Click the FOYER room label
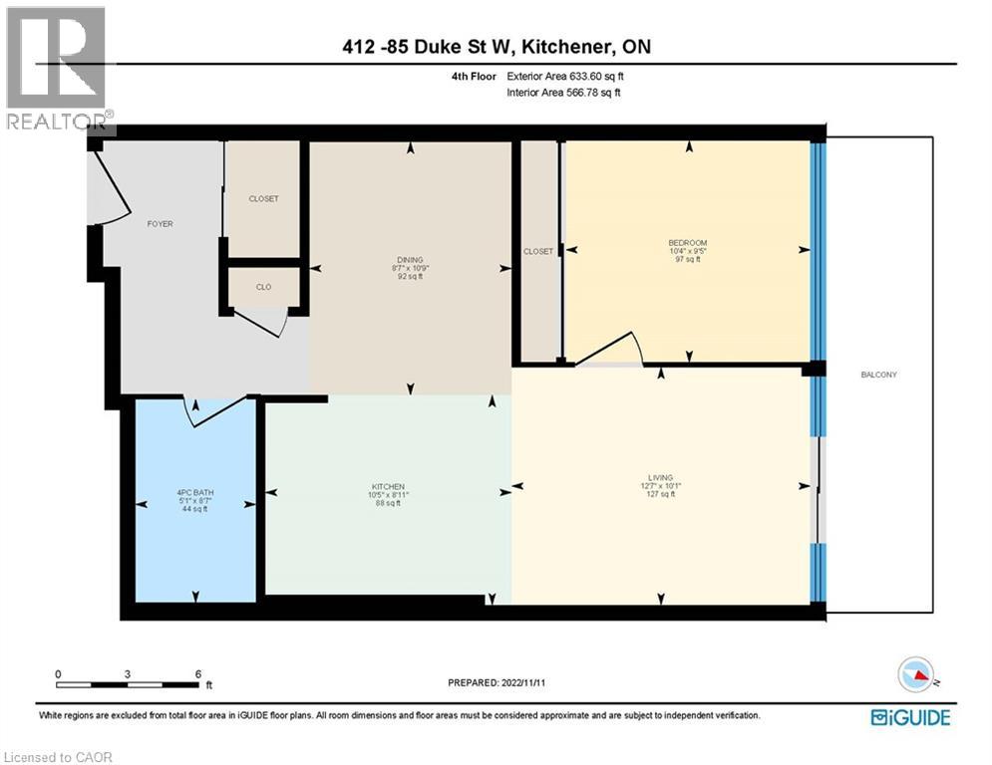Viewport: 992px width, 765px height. pos(160,224)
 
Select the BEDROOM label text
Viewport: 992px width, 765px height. pos(687,244)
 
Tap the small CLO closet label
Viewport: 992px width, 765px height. pos(263,287)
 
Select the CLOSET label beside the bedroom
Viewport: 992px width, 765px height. pos(537,251)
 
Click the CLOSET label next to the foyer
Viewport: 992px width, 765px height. pos(263,198)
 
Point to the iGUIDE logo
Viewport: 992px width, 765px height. pos(910,717)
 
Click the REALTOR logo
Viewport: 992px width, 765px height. pos(57,70)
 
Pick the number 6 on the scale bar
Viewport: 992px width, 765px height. pos(197,673)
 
